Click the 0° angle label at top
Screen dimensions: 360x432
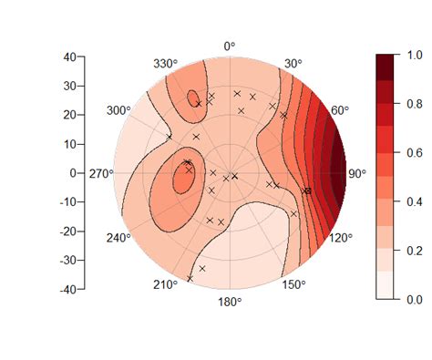click(x=230, y=45)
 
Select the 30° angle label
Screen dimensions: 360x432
click(x=293, y=64)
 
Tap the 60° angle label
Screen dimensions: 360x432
click(x=340, y=110)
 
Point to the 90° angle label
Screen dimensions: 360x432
click(x=355, y=173)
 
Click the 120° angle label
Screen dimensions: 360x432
click(x=340, y=237)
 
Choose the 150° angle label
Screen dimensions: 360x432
click(x=293, y=285)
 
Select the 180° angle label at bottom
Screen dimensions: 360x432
click(x=230, y=301)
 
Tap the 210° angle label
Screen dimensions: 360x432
click(x=165, y=285)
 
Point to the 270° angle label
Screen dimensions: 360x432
click(x=100, y=173)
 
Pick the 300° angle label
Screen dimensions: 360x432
click(x=118, y=110)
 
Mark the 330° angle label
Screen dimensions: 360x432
click(x=165, y=64)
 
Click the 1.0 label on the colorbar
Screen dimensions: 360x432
click(x=414, y=57)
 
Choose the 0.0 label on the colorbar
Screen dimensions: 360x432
click(x=414, y=298)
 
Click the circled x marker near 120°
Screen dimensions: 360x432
click(x=307, y=190)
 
